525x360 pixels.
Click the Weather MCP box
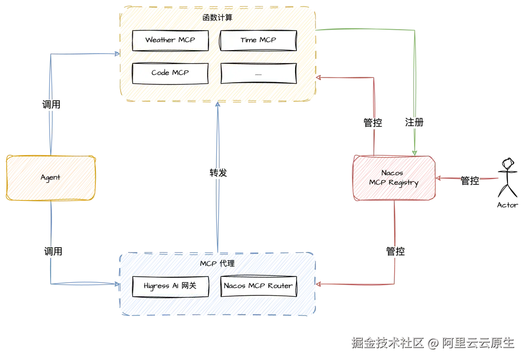170,40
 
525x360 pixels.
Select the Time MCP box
258,40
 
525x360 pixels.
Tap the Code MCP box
170,73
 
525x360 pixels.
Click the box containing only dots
259,73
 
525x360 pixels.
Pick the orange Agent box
51,178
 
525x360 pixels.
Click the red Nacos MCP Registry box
394,178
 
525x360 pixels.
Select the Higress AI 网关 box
171,286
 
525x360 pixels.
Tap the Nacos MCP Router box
259,286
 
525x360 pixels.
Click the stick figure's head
508,163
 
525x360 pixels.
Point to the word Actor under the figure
507,205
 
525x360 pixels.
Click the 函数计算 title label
217,18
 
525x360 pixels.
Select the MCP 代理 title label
217,264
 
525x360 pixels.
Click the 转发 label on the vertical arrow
218,173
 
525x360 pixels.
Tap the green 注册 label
414,122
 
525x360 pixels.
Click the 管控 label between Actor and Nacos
470,180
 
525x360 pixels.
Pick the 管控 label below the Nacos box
395,251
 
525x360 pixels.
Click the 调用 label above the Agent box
51,105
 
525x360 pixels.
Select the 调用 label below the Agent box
53,252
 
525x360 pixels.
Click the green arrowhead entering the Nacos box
415,153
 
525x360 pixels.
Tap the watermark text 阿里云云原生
478,343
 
